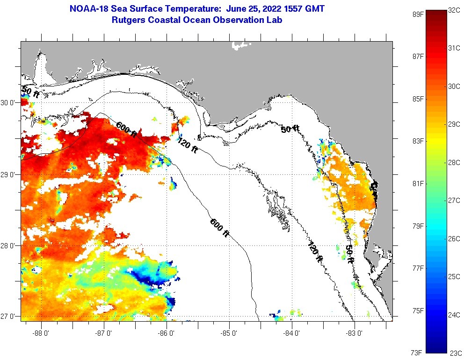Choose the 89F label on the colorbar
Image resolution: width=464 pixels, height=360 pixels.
tap(418, 14)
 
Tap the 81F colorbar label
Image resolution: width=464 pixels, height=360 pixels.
tap(418, 183)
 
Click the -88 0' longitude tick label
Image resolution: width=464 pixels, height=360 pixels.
tap(41, 333)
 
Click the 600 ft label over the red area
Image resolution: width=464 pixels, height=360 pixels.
tap(127, 130)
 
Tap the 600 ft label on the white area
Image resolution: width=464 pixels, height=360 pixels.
tap(219, 229)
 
